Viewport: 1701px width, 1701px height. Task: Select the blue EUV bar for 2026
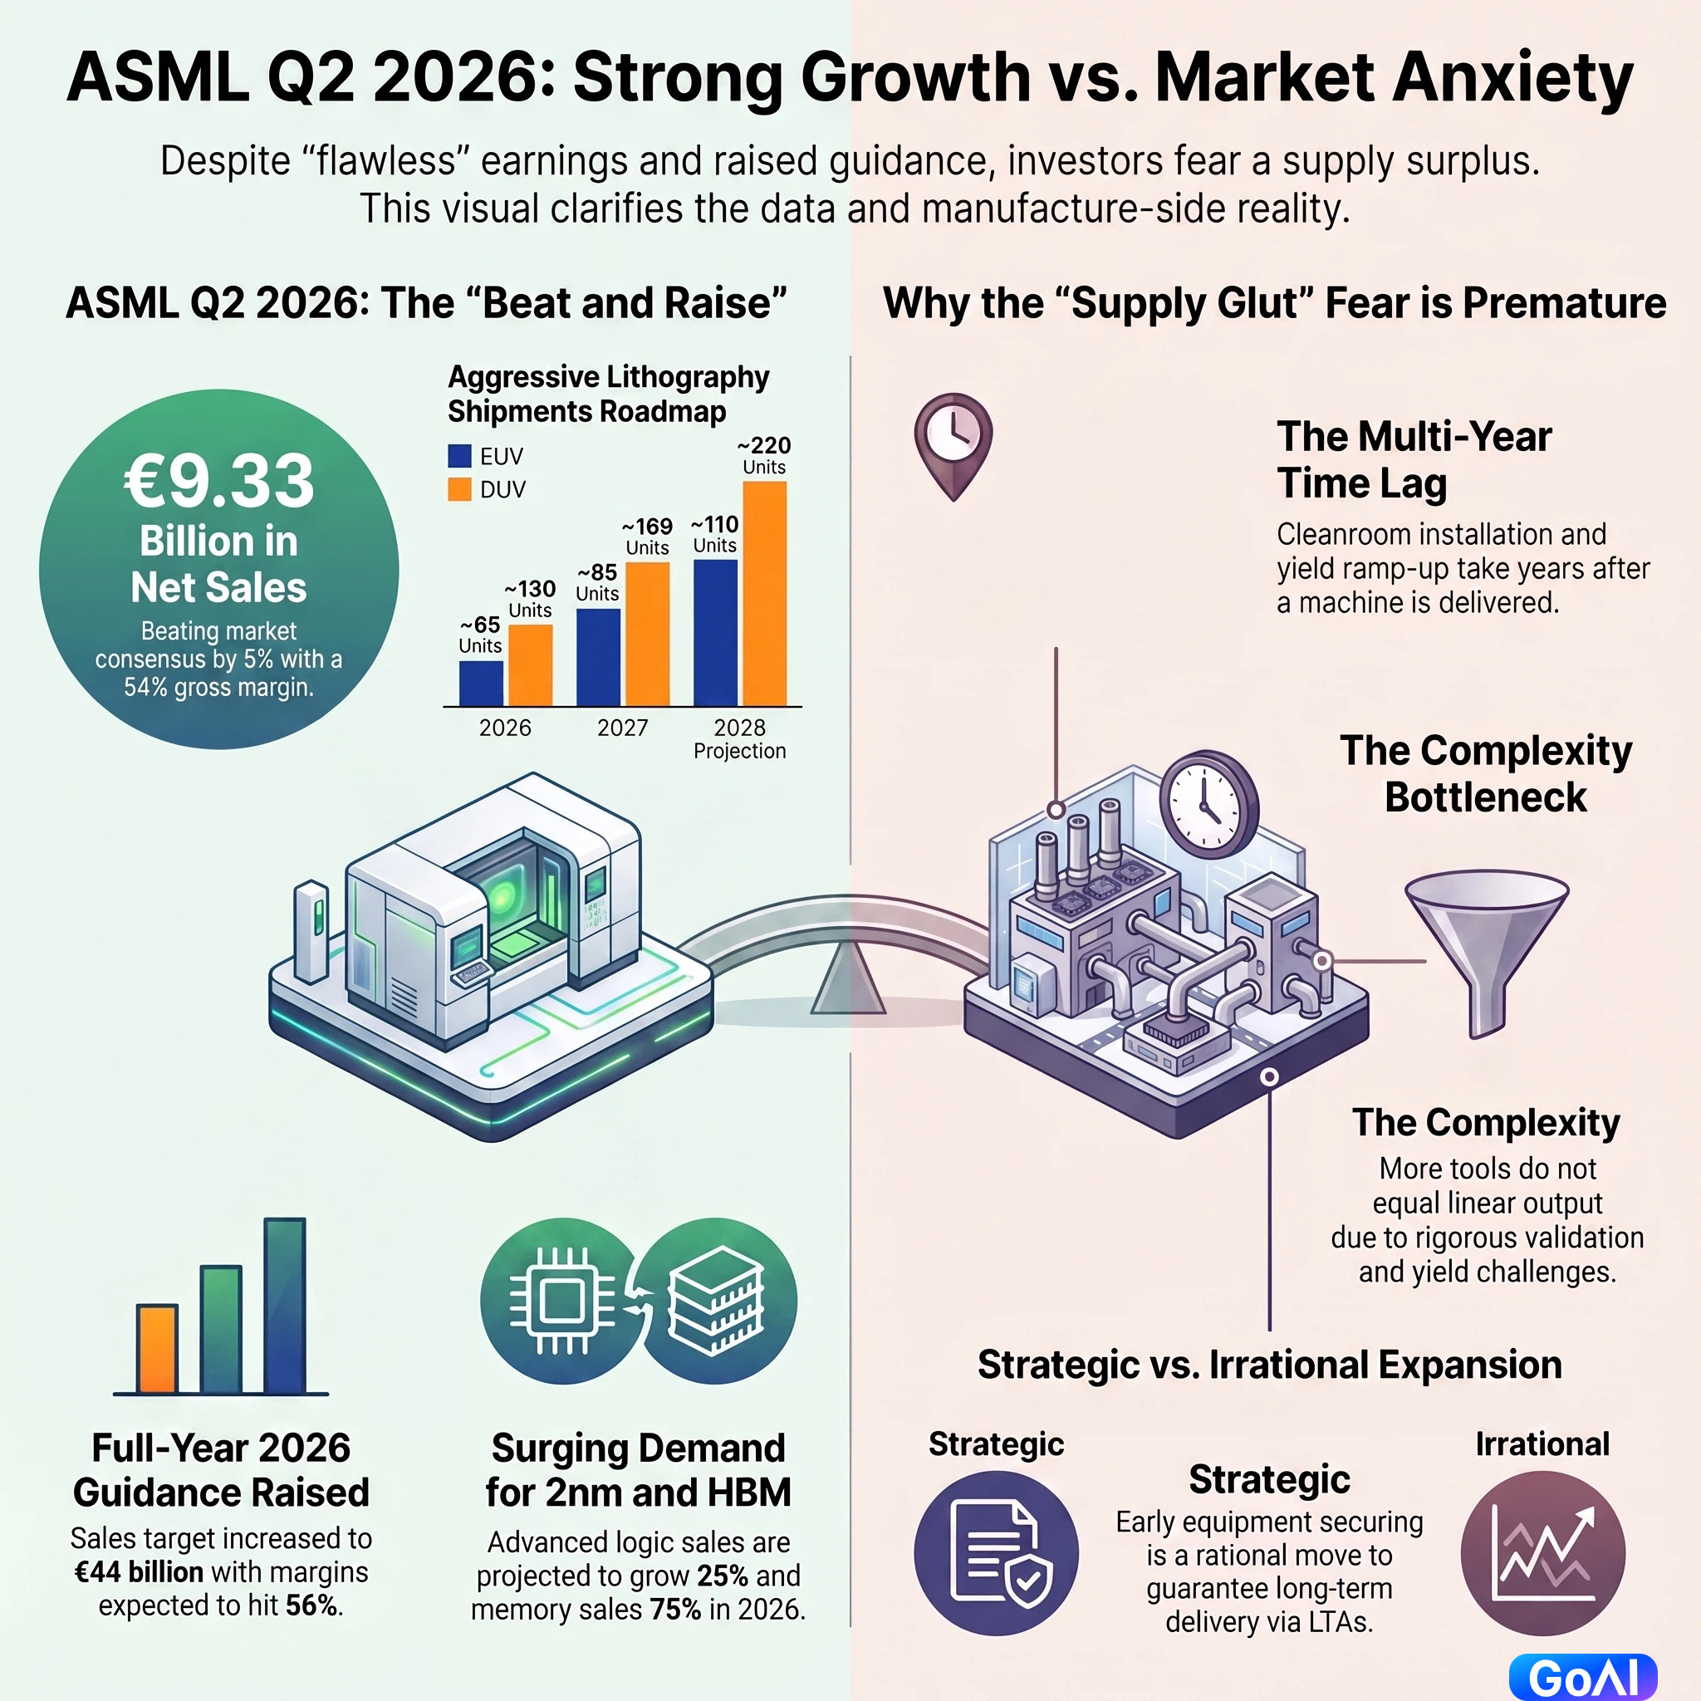click(481, 684)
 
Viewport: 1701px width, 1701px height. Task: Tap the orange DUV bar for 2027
click(647, 634)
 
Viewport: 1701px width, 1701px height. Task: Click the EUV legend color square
click(459, 455)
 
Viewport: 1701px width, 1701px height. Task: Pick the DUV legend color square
click(459, 488)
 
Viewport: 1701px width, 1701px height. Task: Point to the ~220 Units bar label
click(764, 455)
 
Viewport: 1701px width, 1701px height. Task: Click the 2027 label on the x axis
click(622, 728)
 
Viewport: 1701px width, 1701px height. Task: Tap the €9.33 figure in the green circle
click(218, 481)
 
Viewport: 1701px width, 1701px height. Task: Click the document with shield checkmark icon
click(996, 1553)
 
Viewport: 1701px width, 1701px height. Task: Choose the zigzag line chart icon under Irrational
click(1542, 1553)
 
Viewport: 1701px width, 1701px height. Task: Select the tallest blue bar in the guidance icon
click(284, 1306)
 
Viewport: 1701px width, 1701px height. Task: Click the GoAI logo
click(1583, 1677)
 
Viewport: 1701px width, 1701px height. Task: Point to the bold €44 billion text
click(139, 1572)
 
